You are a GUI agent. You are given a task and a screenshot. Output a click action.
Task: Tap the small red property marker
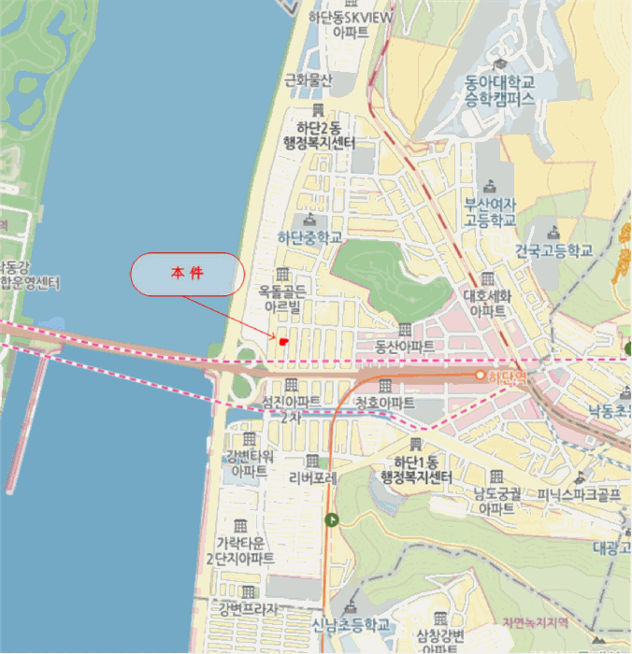click(282, 342)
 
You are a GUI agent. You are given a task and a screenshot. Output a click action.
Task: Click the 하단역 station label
click(503, 377)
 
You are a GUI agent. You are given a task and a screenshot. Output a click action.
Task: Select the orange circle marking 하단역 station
click(481, 376)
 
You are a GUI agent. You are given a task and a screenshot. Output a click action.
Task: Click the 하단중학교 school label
click(310, 237)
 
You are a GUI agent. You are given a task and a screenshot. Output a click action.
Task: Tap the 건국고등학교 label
click(554, 250)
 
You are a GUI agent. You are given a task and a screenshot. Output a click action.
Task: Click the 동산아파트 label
click(404, 346)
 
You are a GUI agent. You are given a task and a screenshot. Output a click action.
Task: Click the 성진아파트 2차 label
click(291, 407)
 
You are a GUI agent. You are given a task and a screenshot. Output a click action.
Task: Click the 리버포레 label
click(312, 476)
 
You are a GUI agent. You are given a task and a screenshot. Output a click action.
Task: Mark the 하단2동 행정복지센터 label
click(320, 135)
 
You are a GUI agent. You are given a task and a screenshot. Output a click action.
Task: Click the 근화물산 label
click(309, 80)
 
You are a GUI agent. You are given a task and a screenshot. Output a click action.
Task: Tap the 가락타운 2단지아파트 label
click(240, 551)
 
